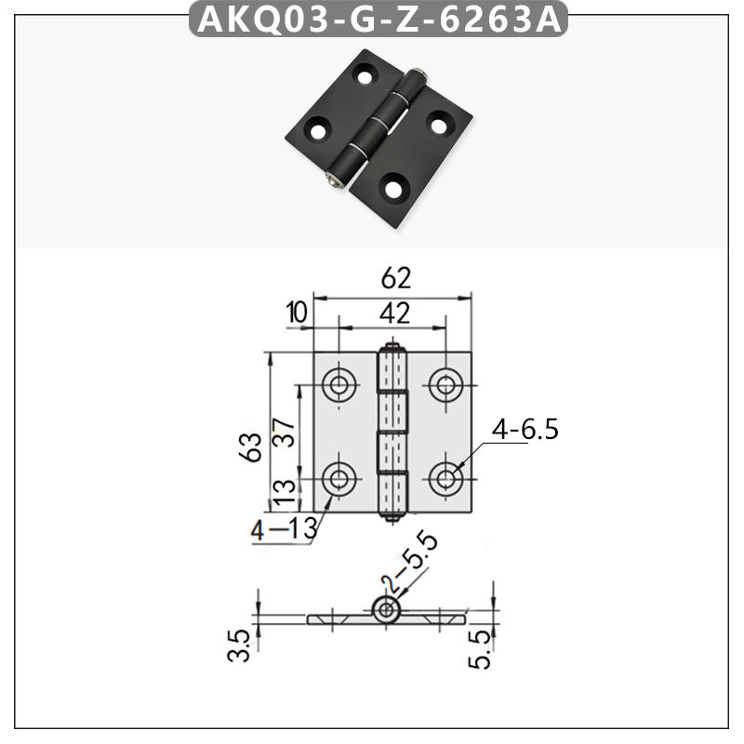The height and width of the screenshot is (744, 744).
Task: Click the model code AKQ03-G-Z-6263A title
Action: pyautogui.click(x=379, y=20)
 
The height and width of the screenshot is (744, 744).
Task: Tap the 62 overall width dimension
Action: pyautogui.click(x=396, y=278)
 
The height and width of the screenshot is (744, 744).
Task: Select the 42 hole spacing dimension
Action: pyautogui.click(x=394, y=313)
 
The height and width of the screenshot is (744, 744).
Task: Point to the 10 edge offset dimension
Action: pyautogui.click(x=297, y=312)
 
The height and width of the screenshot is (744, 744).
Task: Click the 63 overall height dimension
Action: pyautogui.click(x=249, y=447)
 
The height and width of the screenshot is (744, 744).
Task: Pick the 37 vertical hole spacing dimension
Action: pyautogui.click(x=284, y=432)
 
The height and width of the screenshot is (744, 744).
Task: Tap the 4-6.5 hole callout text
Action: pyautogui.click(x=525, y=430)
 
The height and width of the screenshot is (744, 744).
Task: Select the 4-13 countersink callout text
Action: pyautogui.click(x=284, y=529)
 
